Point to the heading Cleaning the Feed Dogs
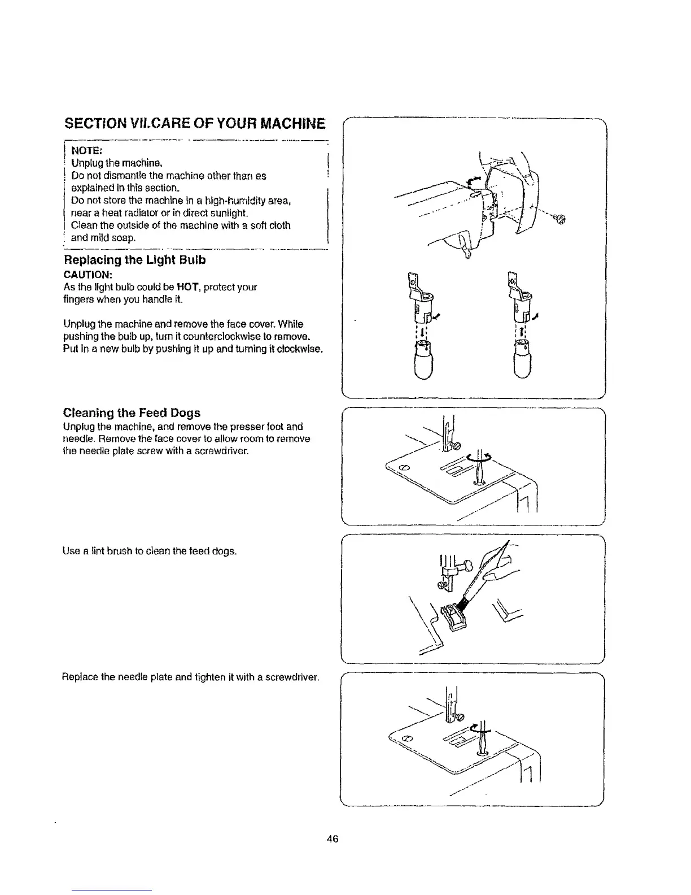tap(132, 412)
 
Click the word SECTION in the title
tap(97, 123)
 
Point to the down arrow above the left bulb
tap(423, 332)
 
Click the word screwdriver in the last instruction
tap(292, 677)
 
